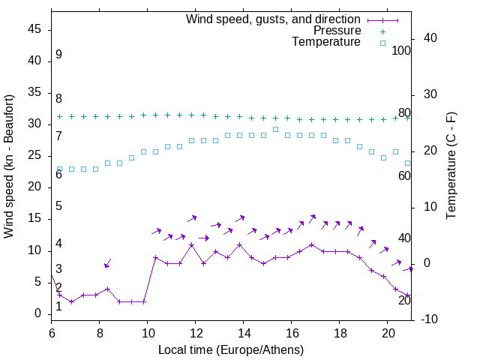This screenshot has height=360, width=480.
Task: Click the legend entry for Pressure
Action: coord(337,31)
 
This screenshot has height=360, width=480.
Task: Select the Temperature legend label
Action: coord(326,43)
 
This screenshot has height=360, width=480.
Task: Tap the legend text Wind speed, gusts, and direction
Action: coord(273,19)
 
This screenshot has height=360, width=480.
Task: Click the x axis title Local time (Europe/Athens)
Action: coord(231,350)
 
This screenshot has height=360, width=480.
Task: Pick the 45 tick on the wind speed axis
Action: coord(33,29)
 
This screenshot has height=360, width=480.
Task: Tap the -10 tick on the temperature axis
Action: coord(430,319)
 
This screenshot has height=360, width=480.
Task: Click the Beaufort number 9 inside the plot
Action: coord(58,55)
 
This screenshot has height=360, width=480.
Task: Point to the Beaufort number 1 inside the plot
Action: coord(58,307)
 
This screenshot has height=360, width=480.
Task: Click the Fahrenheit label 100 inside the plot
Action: coord(402,51)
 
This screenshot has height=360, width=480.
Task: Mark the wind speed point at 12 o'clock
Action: coord(192,244)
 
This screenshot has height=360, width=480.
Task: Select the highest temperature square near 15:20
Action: coord(275,129)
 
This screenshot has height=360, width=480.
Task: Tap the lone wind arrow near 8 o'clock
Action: coord(107,263)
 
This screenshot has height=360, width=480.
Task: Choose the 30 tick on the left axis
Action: coord(33,124)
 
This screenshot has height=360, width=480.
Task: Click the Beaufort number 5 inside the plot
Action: coord(58,206)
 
